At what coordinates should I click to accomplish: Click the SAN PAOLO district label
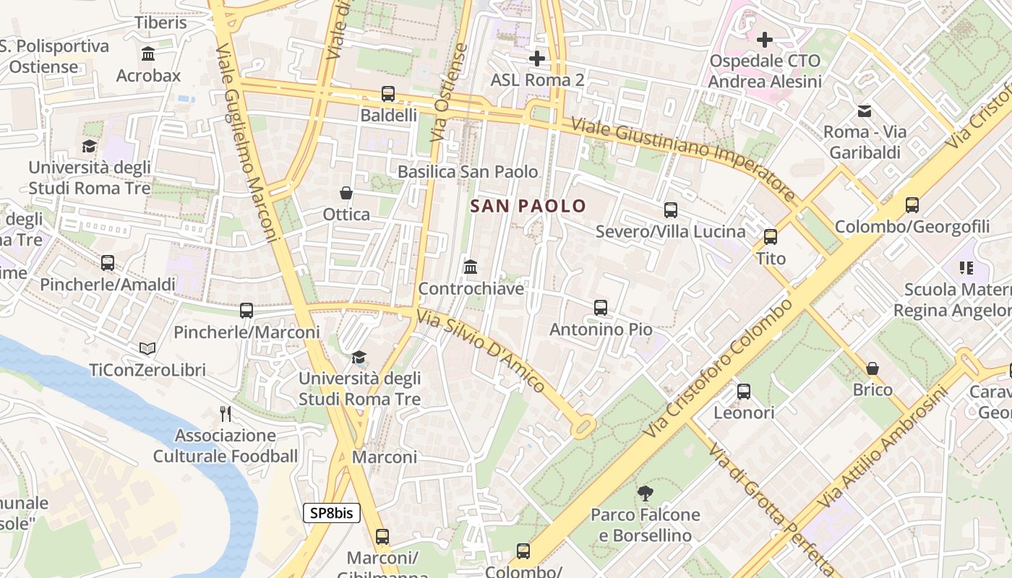point(528,206)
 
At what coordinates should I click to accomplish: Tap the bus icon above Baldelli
point(388,94)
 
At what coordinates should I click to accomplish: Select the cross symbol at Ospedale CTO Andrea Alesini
point(765,39)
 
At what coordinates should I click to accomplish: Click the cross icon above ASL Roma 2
point(536,59)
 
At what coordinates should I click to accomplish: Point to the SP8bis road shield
point(331,513)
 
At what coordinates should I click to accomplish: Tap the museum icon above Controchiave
point(471,267)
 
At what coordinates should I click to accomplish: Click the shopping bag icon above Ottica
point(346,193)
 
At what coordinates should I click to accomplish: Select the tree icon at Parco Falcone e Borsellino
point(645,493)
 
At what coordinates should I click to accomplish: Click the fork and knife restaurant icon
point(226,414)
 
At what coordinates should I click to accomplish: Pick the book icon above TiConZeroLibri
point(147,349)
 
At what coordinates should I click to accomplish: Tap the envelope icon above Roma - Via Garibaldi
point(864,111)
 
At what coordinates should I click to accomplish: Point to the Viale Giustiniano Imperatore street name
point(683,159)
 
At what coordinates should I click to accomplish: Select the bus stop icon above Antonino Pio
point(600,308)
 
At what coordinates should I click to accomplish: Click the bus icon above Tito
point(771,237)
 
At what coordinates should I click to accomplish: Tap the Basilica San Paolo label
point(468,172)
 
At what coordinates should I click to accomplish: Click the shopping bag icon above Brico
point(872,368)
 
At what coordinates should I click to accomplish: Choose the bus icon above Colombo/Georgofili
point(912,205)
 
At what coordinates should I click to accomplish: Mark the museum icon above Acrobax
point(148,54)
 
